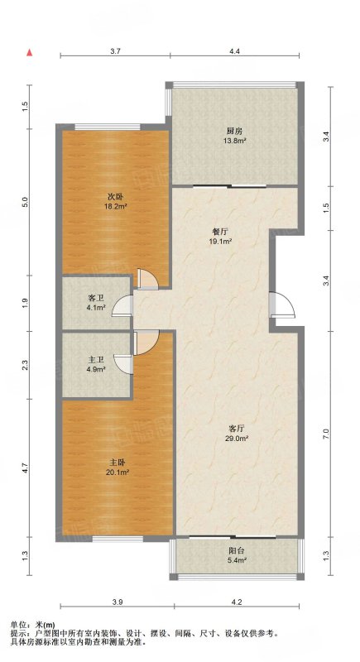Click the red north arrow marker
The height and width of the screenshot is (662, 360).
[30, 52]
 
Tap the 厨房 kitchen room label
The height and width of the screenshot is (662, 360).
[235, 131]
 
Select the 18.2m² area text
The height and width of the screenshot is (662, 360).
[117, 206]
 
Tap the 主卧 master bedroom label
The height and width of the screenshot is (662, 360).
[117, 463]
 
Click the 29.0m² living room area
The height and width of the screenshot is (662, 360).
[236, 439]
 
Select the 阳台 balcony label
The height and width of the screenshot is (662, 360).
[236, 551]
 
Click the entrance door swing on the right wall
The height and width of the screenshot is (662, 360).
[282, 304]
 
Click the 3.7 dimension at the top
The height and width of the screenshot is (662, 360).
[116, 51]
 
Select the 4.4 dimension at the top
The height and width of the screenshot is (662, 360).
[235, 51]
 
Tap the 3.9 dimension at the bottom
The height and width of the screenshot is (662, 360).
[118, 602]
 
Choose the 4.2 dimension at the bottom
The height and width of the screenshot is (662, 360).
[237, 602]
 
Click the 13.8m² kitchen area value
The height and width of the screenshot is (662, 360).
[235, 141]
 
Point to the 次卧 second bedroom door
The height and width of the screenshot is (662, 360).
[148, 279]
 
